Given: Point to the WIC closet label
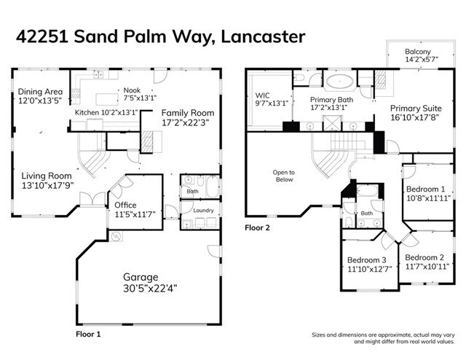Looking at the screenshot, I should pos(263,95).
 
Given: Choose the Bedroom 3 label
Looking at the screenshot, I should pos(366,260).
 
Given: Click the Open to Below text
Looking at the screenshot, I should pos(283,176).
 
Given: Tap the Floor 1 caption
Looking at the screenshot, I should pos(88,334).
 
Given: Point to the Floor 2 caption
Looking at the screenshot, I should pos(257,227).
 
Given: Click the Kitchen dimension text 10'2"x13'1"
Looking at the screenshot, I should pos(120,113).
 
